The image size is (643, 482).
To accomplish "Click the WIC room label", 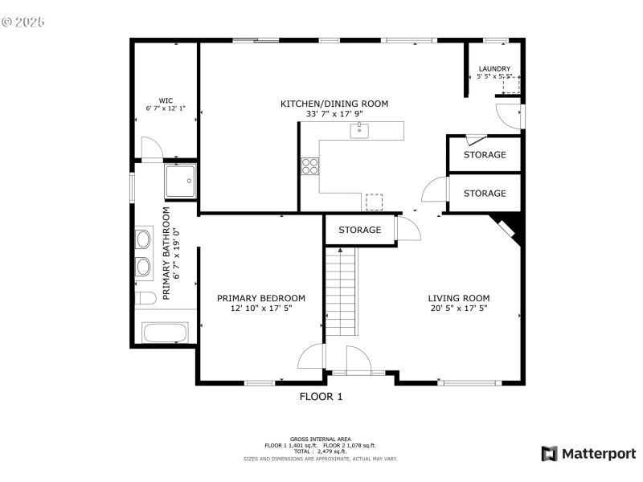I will (165, 101).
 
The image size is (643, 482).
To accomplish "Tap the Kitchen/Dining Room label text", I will (334, 104).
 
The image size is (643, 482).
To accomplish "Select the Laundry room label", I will (494, 69).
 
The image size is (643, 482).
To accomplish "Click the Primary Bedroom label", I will (261, 298).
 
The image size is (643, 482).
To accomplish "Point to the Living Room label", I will (458, 298).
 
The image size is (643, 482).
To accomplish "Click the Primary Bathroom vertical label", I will (167, 254).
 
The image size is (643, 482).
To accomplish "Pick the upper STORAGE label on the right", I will (485, 154).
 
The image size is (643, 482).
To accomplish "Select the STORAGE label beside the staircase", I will (359, 231).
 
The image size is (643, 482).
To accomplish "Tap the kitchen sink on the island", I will (359, 130).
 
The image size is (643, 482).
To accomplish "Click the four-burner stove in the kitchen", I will (309, 166).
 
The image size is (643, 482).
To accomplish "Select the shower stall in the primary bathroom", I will (180, 182).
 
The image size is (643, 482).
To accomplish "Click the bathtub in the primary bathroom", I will (165, 333).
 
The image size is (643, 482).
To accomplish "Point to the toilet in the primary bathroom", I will (145, 299).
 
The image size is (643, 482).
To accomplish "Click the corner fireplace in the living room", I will (510, 228).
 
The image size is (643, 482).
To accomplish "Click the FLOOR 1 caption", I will (321, 396).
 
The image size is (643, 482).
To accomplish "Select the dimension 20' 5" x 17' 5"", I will (458, 308).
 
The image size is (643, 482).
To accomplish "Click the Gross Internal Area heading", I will (321, 439).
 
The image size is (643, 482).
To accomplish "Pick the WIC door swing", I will (151, 149).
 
